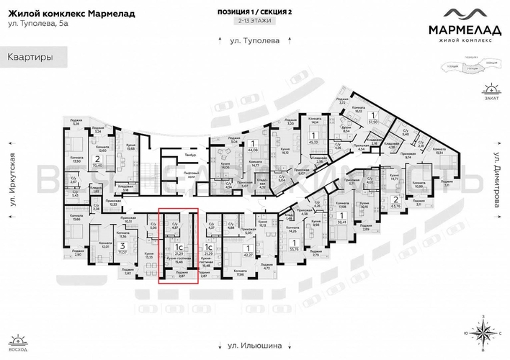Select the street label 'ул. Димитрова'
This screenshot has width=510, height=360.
(x=496, y=173)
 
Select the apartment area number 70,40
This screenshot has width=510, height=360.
(x=98, y=166)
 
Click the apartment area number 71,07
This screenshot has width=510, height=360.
(x=123, y=252)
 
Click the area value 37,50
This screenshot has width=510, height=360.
(x=373, y=122)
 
